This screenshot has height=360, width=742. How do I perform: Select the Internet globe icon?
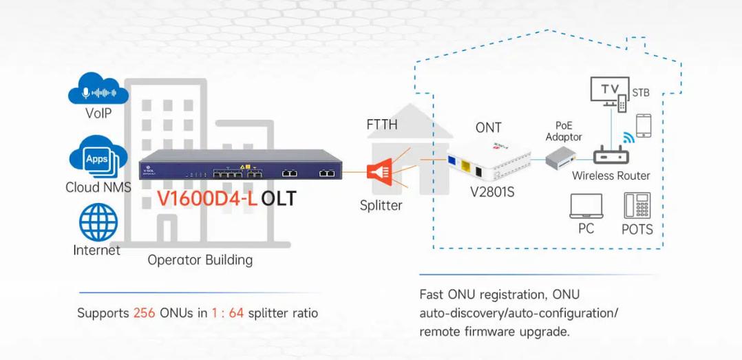pyautogui.click(x=98, y=222)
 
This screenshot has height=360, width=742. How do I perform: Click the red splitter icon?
pyautogui.click(x=379, y=171)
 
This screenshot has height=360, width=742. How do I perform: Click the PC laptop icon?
pyautogui.click(x=586, y=207)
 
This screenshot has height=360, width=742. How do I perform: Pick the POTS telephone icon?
pyautogui.click(x=637, y=205)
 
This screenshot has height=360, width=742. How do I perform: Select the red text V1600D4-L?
pyautogui.click(x=207, y=198)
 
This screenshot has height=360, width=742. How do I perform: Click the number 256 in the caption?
pyautogui.click(x=145, y=313)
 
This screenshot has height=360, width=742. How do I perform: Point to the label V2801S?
pyautogui.click(x=492, y=193)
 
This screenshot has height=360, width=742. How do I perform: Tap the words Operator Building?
pyautogui.click(x=200, y=260)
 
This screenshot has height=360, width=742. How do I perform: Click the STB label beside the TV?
pyautogui.click(x=641, y=93)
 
